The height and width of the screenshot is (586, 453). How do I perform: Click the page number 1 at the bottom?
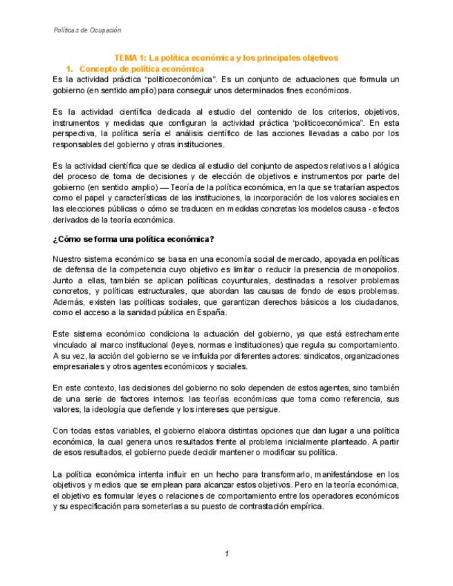coord(226,554)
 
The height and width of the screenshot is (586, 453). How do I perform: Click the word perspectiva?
coord(75,133)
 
